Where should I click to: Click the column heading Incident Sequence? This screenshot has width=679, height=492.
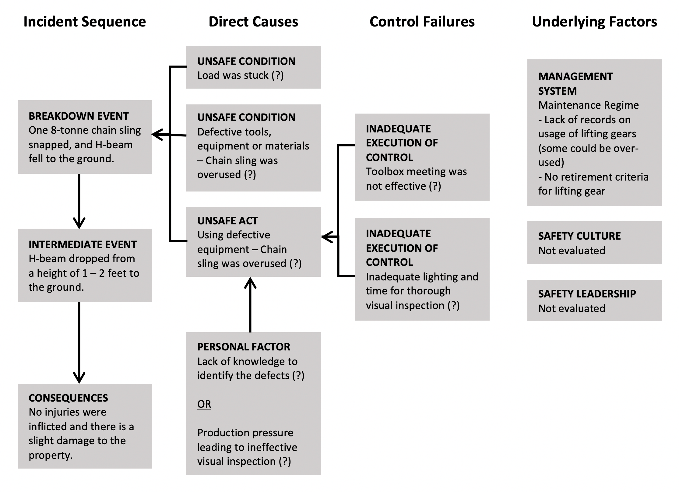(85, 22)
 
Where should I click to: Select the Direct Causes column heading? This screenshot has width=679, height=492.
(253, 22)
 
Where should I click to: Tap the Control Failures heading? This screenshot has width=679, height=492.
(422, 22)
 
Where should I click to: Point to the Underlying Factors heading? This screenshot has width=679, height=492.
(594, 22)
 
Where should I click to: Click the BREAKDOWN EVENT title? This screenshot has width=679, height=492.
(79, 116)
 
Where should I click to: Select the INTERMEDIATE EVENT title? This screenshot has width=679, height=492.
(83, 244)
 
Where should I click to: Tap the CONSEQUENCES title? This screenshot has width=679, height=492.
(68, 398)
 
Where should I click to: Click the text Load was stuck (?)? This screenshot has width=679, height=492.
(241, 75)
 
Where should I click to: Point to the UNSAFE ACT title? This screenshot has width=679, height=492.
(227, 221)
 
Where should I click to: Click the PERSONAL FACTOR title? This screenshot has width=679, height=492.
(244, 347)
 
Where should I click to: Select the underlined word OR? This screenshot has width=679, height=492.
(204, 404)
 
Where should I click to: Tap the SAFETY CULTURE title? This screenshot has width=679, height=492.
(579, 236)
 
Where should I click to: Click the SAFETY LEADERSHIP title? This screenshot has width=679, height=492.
(587, 294)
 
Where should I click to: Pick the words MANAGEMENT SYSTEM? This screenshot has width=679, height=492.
(575, 83)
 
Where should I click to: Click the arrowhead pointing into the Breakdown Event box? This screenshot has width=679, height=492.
(158, 134)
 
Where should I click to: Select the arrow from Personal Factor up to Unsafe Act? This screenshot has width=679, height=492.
(250, 304)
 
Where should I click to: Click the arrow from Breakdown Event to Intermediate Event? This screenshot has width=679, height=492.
(79, 201)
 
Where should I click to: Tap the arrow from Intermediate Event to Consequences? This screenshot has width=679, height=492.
(79, 343)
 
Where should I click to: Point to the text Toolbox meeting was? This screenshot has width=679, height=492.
(416, 171)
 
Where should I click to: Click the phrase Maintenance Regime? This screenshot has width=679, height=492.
(588, 105)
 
